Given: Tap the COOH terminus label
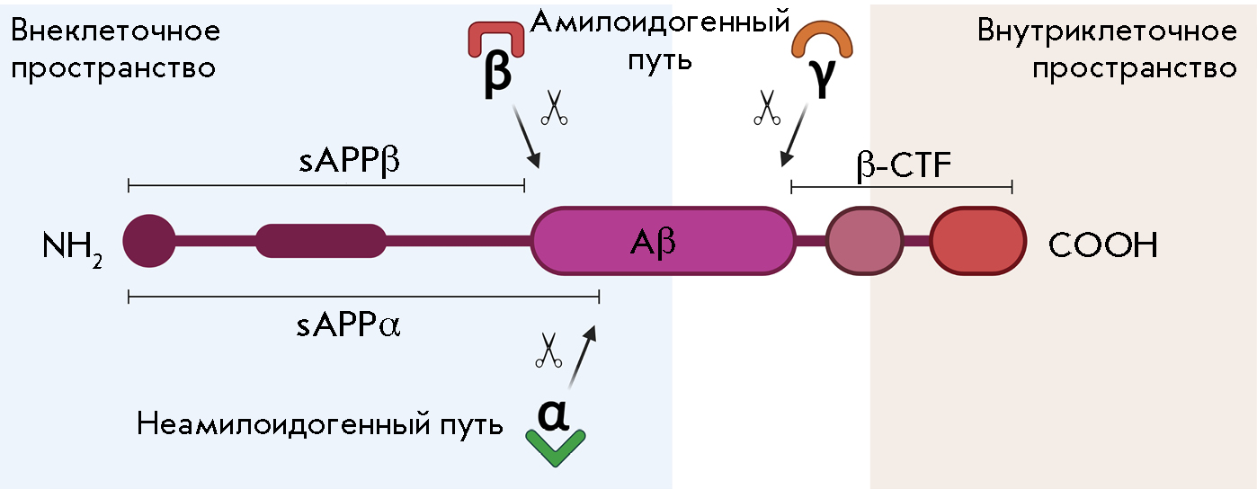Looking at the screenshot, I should tap(1102, 244).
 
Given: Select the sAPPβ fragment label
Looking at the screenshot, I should tap(349, 165).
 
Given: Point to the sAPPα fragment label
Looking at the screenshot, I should tap(348, 325).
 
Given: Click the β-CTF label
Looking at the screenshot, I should tap(903, 165).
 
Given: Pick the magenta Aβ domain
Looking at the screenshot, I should tap(664, 241).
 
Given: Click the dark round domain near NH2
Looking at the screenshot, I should tap(149, 241).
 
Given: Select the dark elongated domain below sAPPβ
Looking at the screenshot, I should tap(321, 241).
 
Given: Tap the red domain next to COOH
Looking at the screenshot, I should tap(976, 241).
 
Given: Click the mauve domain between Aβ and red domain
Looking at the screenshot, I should tap(863, 241).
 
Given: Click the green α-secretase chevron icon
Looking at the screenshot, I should tap(556, 449).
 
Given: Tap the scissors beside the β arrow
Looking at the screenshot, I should tap(555, 109).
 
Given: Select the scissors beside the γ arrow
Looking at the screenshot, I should tap(766, 108).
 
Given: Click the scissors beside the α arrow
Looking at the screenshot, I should tap(548, 351).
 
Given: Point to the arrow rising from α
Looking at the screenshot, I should tap(583, 359).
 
